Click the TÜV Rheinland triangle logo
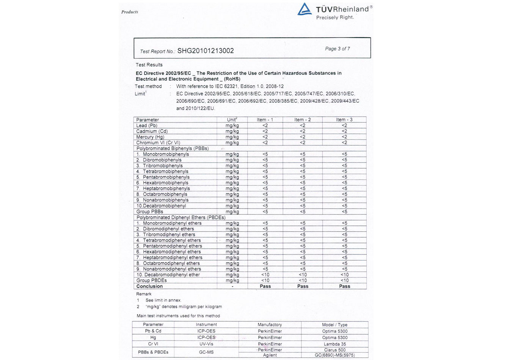point(304,9)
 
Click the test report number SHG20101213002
point(206,51)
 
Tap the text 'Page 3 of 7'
point(337,49)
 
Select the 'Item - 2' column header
point(302,120)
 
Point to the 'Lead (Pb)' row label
point(147,125)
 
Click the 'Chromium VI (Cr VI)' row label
point(158,143)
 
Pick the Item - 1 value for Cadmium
point(265,131)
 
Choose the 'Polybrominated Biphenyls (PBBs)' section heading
point(173,149)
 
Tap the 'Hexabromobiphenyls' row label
point(165,183)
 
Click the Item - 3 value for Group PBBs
point(344,211)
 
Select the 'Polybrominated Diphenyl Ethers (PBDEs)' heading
point(181,218)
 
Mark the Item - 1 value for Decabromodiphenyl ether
point(265,275)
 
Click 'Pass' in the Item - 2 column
point(303,286)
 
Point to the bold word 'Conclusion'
point(149,286)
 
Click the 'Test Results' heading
point(149,65)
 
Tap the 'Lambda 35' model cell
point(335,344)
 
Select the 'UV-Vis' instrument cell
point(206,344)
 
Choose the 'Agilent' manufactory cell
point(270,355)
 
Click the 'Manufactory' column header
point(270,325)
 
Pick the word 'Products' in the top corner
point(130,12)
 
